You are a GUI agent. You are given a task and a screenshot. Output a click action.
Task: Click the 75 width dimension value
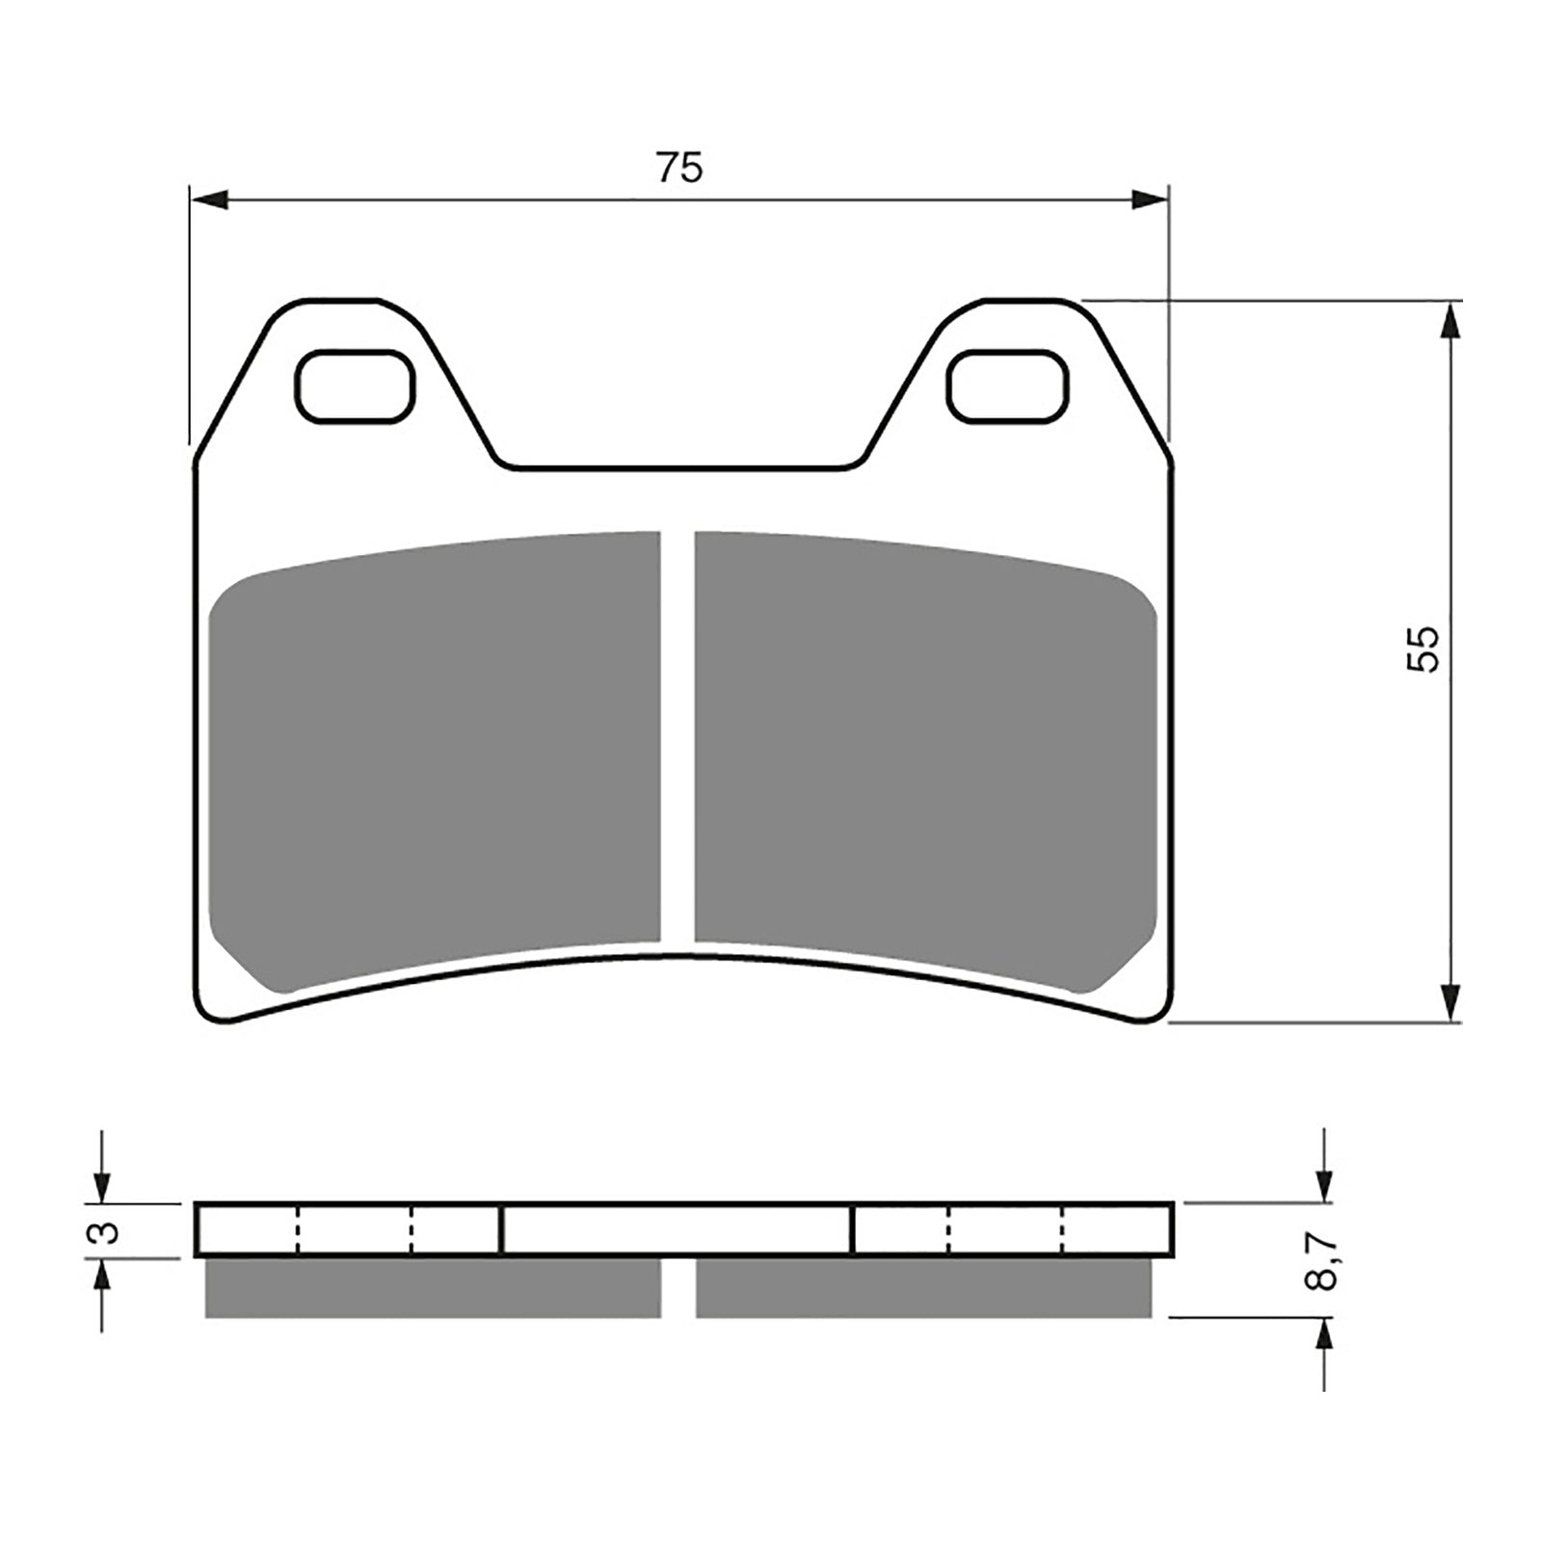coord(680,168)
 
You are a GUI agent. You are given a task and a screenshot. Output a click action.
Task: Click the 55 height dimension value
coord(1422,649)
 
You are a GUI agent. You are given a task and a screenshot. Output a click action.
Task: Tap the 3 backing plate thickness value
coord(108,1232)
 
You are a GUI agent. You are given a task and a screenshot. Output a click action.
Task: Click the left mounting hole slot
coord(354,385)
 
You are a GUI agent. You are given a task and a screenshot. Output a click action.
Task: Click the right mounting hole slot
coord(1007,385)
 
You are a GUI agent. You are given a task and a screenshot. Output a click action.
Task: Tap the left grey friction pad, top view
coord(434,761)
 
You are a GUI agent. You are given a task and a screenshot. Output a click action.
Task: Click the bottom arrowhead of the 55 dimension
coord(1449,1002)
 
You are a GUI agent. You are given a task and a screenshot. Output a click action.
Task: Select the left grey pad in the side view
coord(434,1289)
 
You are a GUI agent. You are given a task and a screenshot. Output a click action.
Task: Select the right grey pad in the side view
coord(923,1289)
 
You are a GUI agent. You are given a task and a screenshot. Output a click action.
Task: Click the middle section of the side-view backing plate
coord(678,1231)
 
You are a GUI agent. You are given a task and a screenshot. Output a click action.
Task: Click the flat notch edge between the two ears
coord(678,469)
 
